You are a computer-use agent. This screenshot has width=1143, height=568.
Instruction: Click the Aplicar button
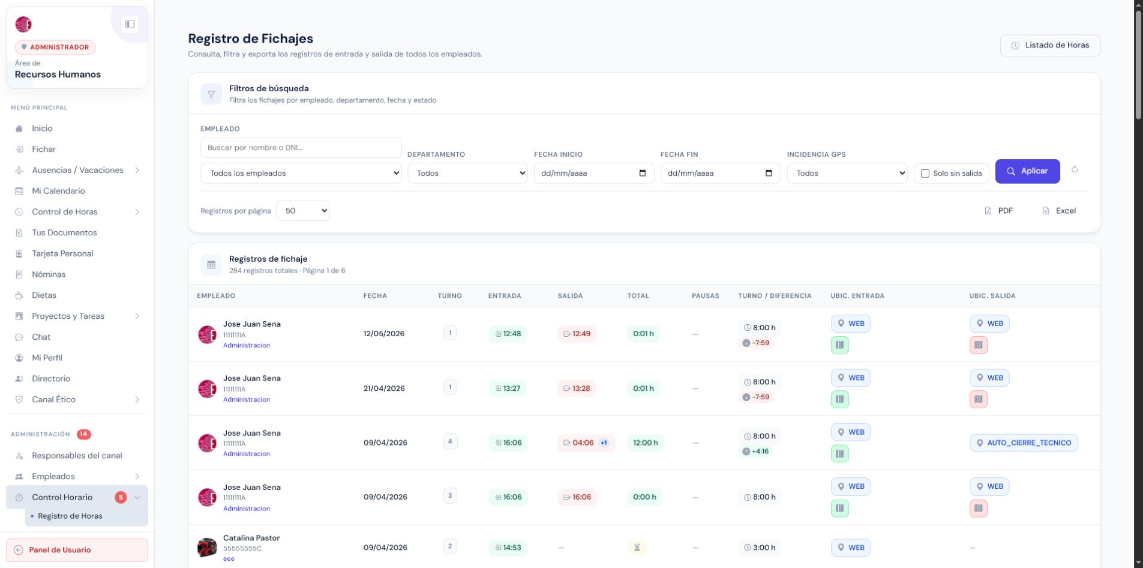(1027, 171)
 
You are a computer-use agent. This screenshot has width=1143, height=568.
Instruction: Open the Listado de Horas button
(1050, 46)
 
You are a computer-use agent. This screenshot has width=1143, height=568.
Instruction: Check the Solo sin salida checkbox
(925, 174)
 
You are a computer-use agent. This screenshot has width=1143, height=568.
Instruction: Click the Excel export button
(1059, 211)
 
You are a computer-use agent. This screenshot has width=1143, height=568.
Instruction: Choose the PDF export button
(999, 211)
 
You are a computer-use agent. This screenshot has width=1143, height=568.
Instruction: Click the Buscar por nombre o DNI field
(301, 148)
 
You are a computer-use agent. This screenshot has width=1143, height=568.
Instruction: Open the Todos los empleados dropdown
(301, 174)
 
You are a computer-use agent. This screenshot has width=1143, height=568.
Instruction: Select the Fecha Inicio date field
(594, 174)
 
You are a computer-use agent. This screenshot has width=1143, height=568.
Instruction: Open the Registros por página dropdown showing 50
(303, 211)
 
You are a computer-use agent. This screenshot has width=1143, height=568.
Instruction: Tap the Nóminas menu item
(49, 274)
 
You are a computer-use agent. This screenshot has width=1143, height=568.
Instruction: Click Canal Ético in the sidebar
(53, 400)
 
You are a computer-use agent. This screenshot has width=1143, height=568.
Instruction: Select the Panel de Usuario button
(77, 550)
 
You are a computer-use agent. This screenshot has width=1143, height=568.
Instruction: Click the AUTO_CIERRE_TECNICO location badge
(1024, 443)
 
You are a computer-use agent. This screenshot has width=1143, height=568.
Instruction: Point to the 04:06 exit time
(583, 443)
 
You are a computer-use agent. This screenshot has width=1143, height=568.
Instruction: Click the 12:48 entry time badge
(508, 334)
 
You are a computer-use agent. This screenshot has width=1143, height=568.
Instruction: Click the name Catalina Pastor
(251, 538)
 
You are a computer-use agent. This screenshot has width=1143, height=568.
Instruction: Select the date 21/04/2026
(384, 388)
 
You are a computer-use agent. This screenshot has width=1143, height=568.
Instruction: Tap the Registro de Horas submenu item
(70, 516)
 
